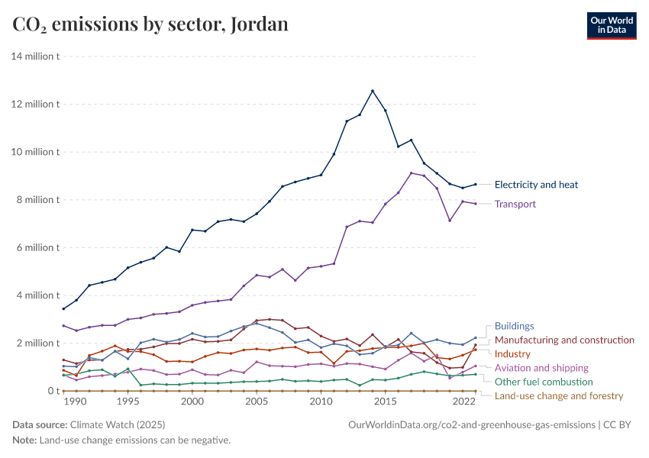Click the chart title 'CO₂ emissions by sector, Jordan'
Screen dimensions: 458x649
(x=150, y=24)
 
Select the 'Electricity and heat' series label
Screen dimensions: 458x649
(x=536, y=185)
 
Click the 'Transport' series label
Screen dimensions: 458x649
(x=515, y=204)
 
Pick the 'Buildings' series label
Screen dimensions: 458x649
(x=514, y=326)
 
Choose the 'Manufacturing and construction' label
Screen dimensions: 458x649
(x=564, y=340)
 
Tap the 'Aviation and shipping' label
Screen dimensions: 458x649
(x=541, y=368)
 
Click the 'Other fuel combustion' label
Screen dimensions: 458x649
(x=544, y=382)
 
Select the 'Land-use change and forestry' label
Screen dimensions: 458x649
(x=559, y=395)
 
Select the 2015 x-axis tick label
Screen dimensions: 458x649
(x=386, y=402)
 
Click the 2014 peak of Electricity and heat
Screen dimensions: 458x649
(x=373, y=91)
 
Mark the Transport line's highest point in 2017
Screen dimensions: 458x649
(x=412, y=173)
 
